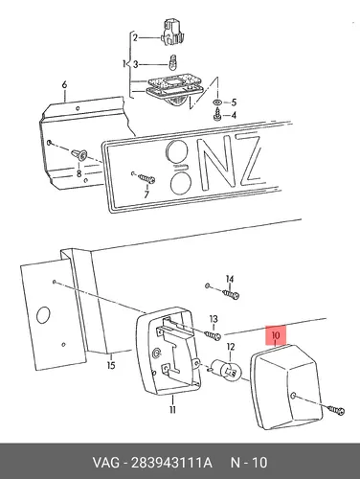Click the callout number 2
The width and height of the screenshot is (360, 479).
135,38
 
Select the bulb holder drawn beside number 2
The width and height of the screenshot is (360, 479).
173,33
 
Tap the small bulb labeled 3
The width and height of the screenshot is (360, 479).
173,62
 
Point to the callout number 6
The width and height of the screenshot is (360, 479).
64,85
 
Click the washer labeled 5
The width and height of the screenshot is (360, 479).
217,103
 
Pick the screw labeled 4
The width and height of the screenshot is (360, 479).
217,115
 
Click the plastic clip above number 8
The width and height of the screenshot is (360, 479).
79,155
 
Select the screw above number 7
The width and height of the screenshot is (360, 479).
146,178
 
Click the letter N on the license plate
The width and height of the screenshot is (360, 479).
218,166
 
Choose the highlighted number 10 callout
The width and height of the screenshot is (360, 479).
276,335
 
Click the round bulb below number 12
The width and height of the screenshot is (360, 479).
227,371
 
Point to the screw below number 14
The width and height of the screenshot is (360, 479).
232,294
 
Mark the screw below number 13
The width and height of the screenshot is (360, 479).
213,335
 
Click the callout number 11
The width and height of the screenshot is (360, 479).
172,409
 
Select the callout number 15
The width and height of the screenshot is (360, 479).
111,365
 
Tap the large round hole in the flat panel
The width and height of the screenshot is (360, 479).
43,315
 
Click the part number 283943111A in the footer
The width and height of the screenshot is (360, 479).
171,463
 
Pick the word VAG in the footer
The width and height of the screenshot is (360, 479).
106,463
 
